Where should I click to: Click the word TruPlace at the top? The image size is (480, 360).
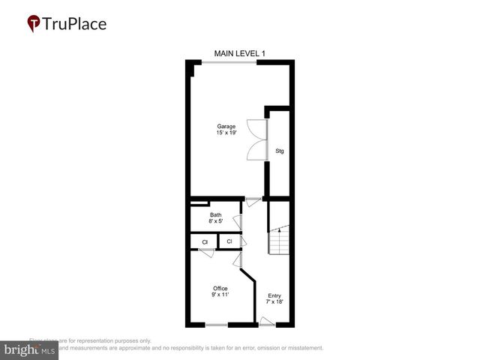click(75, 23)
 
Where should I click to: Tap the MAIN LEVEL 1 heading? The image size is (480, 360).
click(240, 53)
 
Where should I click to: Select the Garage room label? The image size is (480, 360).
click(226, 126)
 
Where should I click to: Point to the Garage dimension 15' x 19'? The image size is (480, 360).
click(226, 133)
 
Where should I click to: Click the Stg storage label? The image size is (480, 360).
click(280, 151)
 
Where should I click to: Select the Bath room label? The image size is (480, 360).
click(216, 215)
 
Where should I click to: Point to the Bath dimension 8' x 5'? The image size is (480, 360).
click(216, 221)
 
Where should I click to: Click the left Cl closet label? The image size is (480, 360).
click(204, 241)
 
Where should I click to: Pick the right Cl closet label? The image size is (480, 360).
click(229, 241)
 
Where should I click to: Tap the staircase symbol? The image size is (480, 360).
click(280, 240)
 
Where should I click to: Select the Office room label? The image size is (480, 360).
click(220, 288)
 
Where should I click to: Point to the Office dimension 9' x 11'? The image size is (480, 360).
click(220, 295)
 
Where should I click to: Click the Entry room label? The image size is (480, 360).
click(274, 295)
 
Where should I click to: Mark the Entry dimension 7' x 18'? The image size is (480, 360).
click(274, 301)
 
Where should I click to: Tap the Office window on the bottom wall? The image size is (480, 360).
click(217, 325)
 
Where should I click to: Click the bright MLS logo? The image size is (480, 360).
click(30, 350)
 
